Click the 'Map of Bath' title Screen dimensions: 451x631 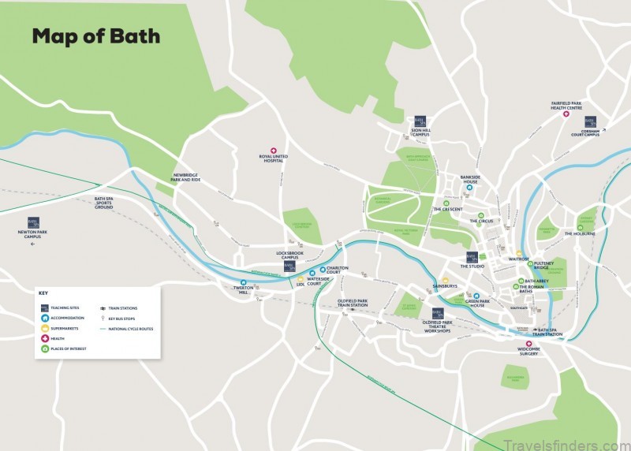click(95, 36)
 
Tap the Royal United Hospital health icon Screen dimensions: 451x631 click(274, 150)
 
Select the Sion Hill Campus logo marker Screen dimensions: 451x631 click(420, 122)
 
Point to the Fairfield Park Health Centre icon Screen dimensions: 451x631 click(566, 114)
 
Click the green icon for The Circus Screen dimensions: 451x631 click(480, 214)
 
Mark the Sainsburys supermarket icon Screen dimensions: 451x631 click(445, 280)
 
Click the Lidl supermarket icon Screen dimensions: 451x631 click(301, 278)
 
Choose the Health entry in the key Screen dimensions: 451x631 click(62, 337)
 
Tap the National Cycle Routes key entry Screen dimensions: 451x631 click(130, 328)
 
